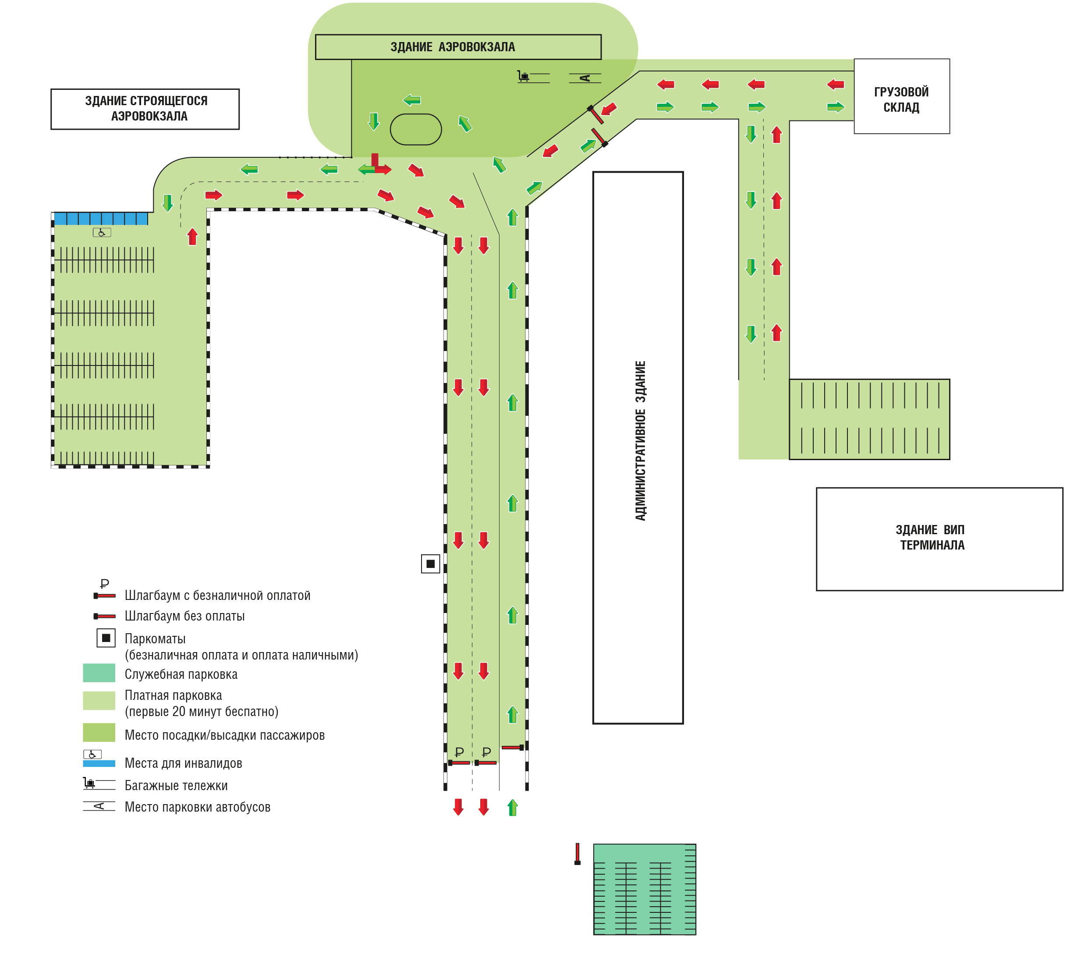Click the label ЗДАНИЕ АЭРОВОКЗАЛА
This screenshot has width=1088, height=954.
tap(453, 47)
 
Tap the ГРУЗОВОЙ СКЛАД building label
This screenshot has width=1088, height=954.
tap(901, 99)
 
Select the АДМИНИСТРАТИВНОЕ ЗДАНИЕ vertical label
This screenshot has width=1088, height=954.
tap(640, 440)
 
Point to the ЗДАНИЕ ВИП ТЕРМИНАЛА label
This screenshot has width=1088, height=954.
tap(931, 537)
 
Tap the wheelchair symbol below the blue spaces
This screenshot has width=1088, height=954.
tap(102, 233)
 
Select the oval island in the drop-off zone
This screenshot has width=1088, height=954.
tap(416, 129)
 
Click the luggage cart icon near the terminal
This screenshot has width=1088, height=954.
tap(524, 77)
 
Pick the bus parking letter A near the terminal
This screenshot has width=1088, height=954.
tap(585, 78)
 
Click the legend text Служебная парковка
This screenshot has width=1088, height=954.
tap(181, 674)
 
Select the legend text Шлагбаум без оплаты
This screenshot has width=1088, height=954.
tap(185, 616)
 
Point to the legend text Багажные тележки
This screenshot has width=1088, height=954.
tap(176, 785)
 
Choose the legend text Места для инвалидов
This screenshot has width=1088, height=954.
tap(183, 763)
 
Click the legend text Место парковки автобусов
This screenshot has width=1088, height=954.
tap(198, 807)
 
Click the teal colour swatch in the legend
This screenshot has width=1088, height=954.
tap(99, 673)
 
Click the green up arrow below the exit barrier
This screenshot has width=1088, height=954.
tap(513, 807)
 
